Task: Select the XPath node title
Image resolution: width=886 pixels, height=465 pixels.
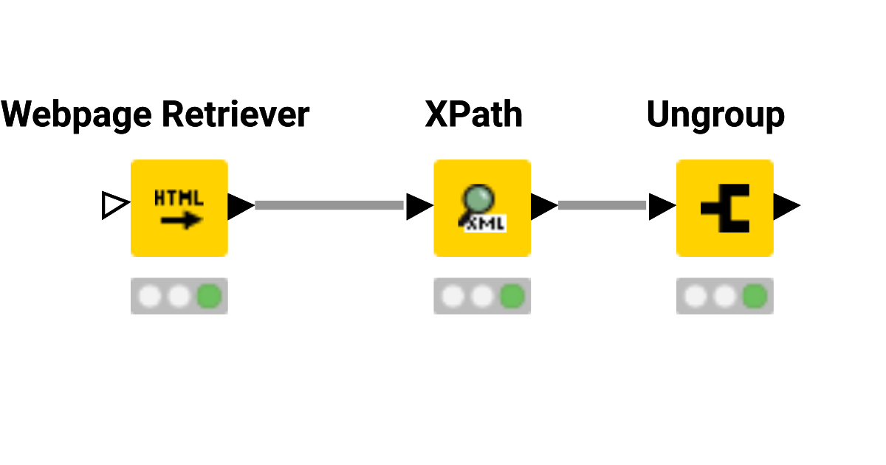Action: (473, 115)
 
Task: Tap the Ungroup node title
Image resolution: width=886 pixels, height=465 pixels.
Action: (715, 115)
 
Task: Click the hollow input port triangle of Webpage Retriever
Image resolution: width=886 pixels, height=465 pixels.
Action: (114, 206)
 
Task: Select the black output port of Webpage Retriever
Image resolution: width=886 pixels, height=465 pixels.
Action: (239, 207)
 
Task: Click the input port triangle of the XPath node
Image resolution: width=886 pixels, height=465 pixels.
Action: (418, 207)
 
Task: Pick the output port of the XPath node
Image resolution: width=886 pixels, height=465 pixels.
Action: (543, 207)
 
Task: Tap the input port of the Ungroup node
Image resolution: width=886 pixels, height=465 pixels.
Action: (661, 207)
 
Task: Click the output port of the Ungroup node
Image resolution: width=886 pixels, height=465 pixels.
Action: (786, 207)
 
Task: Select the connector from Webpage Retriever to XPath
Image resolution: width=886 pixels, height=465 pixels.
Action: (329, 205)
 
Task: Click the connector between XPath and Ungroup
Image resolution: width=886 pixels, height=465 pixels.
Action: (602, 205)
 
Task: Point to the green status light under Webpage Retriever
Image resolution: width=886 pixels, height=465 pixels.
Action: (209, 297)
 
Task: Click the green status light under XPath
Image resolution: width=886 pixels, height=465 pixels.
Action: (512, 297)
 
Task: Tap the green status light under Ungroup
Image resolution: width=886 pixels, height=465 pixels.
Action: (754, 297)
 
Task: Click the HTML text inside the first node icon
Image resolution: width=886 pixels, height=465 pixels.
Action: (179, 199)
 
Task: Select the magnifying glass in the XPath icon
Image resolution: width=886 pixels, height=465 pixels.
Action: (478, 200)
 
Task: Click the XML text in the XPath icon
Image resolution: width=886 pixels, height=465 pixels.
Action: (485, 224)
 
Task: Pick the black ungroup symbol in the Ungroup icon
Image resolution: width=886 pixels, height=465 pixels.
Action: (725, 208)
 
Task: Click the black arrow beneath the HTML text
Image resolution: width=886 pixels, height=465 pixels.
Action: (181, 219)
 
